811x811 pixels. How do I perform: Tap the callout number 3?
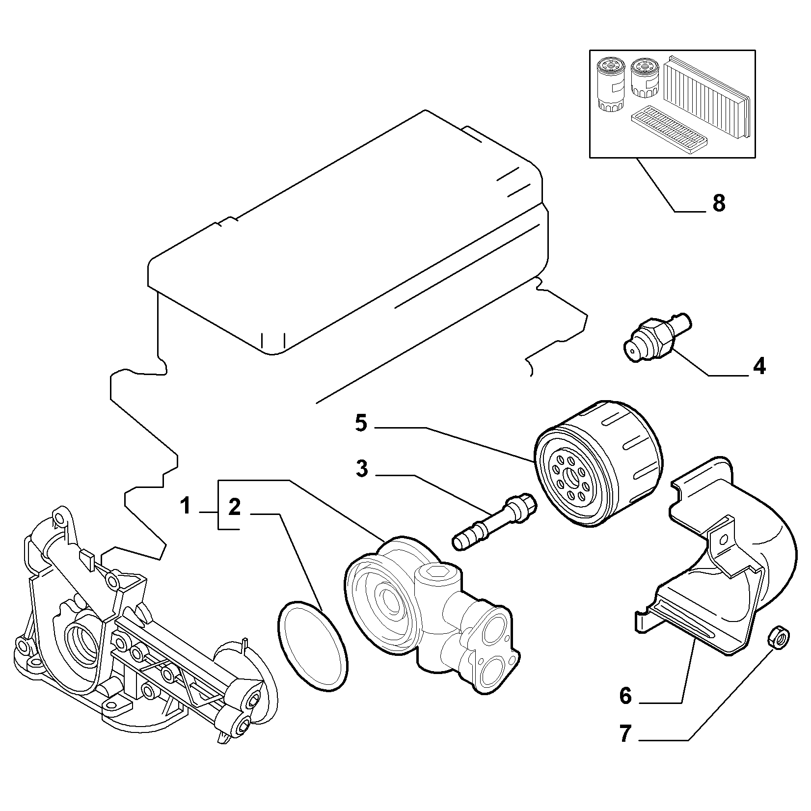tap(361, 469)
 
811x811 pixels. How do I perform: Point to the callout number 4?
tap(759, 366)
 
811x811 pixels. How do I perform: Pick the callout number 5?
tap(361, 423)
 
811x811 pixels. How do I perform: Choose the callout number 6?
tap(625, 696)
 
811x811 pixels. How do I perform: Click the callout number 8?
tap(719, 203)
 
